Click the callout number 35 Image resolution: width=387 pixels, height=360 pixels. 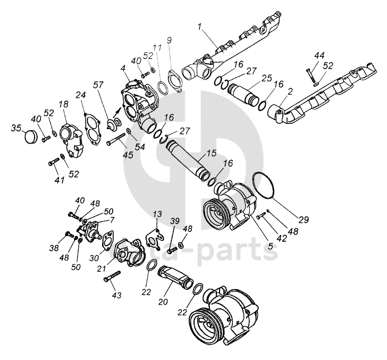[16, 128]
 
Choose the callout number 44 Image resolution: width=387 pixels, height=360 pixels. [319, 55]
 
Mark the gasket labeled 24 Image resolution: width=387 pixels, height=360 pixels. [92, 128]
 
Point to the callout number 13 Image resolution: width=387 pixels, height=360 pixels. [156, 214]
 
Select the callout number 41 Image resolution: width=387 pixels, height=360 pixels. [59, 180]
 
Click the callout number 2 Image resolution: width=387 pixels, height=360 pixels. [290, 91]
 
